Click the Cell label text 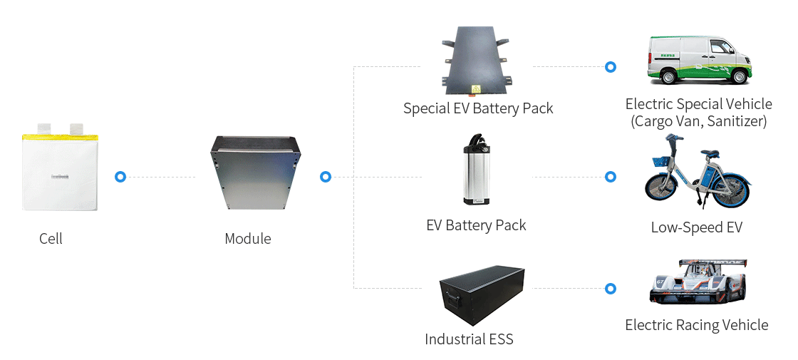[51, 239]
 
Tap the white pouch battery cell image [58, 171]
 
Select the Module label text [247, 239]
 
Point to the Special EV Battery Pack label [477, 109]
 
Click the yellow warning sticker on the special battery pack [471, 90]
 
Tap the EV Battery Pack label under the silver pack [476, 226]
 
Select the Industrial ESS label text [469, 339]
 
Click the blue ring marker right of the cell [120, 177]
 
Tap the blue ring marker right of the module [326, 177]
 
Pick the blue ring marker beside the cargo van [610, 67]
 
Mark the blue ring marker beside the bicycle [610, 177]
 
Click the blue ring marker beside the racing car [610, 289]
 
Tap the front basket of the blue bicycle [661, 162]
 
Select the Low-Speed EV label [696, 227]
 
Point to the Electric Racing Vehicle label [696, 326]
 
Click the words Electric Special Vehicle [698, 105]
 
